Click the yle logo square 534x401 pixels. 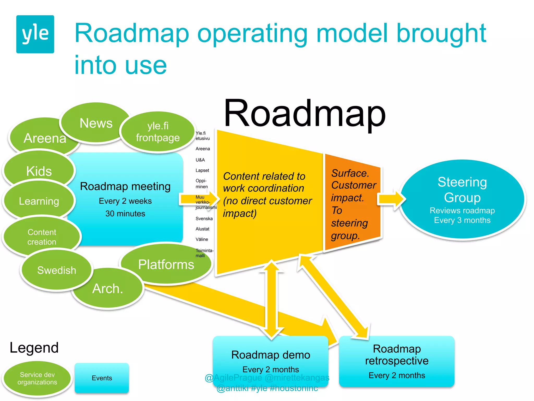click(x=35, y=34)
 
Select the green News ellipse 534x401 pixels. click(x=96, y=123)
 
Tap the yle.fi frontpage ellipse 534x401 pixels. click(x=158, y=132)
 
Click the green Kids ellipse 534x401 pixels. click(x=39, y=171)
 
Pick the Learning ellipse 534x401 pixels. click(x=39, y=201)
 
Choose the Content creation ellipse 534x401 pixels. click(x=42, y=237)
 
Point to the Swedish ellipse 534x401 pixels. click(x=57, y=270)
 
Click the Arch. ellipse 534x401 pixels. click(x=108, y=289)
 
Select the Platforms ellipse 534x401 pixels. click(x=166, y=264)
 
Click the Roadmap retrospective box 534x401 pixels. click(x=397, y=362)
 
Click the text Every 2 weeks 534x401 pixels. click(x=125, y=201)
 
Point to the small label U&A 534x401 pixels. click(x=200, y=160)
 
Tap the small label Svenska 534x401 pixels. click(x=204, y=219)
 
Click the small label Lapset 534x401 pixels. click(x=202, y=170)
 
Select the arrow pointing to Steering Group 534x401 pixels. click(x=391, y=199)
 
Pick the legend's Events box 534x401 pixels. click(x=102, y=378)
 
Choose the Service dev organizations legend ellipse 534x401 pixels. click(x=37, y=378)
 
